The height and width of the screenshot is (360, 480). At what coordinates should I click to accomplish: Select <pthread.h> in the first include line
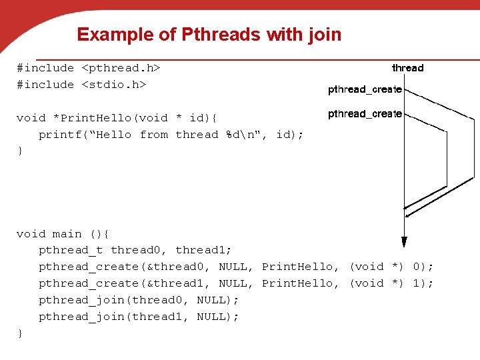click(x=121, y=68)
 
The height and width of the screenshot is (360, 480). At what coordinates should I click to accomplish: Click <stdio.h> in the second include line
click(x=113, y=85)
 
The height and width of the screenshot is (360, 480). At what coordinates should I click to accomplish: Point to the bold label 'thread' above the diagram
click(x=407, y=67)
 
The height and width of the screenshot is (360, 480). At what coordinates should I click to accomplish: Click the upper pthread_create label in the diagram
click(x=365, y=89)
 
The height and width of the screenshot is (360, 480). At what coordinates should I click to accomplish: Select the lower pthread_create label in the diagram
click(x=365, y=114)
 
